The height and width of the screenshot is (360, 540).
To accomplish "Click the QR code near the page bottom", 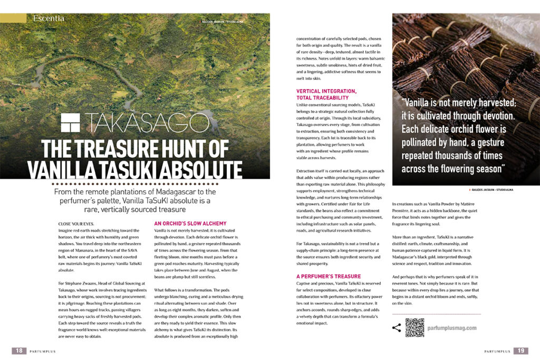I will click(x=415, y=328).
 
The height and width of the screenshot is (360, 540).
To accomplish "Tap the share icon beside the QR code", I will click(x=397, y=328).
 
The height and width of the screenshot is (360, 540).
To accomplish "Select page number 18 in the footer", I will click(x=18, y=351).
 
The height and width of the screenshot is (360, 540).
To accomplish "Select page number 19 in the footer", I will click(x=520, y=351).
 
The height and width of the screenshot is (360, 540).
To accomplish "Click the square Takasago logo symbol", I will click(x=71, y=123).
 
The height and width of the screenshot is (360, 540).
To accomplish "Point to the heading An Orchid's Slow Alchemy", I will click(x=182, y=223).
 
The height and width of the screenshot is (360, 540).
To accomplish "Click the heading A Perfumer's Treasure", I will click(x=329, y=276).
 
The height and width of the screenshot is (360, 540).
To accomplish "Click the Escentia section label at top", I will click(x=49, y=18).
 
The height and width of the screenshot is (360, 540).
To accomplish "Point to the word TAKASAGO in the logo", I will click(x=148, y=123).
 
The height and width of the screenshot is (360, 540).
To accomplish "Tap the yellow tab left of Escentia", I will click(x=13, y=18).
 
